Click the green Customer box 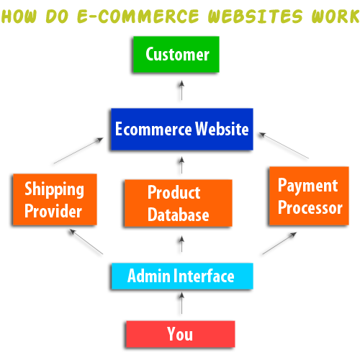pyautogui.click(x=176, y=54)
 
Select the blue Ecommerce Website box pyautogui.click(x=182, y=129)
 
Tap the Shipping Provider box pyautogui.click(x=55, y=199)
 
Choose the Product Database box pyautogui.click(x=179, y=203)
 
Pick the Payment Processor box pyautogui.click(x=309, y=196)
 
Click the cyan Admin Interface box pyautogui.click(x=182, y=276)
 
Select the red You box pyautogui.click(x=181, y=334)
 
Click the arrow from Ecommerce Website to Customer pyautogui.click(x=181, y=90)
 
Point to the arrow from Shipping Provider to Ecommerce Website pyautogui.click(x=78, y=150)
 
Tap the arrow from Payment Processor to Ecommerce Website pyautogui.click(x=284, y=145)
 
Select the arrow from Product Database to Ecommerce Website pyautogui.click(x=181, y=165)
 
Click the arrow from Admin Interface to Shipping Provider pyautogui.click(x=86, y=241)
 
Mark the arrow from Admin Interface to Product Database pyautogui.click(x=181, y=244)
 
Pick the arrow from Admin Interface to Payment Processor pyautogui.click(x=279, y=243)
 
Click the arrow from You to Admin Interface pyautogui.click(x=181, y=303)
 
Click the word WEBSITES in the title pyautogui.click(x=256, y=16)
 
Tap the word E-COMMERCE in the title pyautogui.click(x=138, y=16)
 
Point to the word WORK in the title pyautogui.click(x=336, y=16)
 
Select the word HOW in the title pyautogui.click(x=19, y=16)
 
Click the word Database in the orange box pyautogui.click(x=179, y=215)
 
